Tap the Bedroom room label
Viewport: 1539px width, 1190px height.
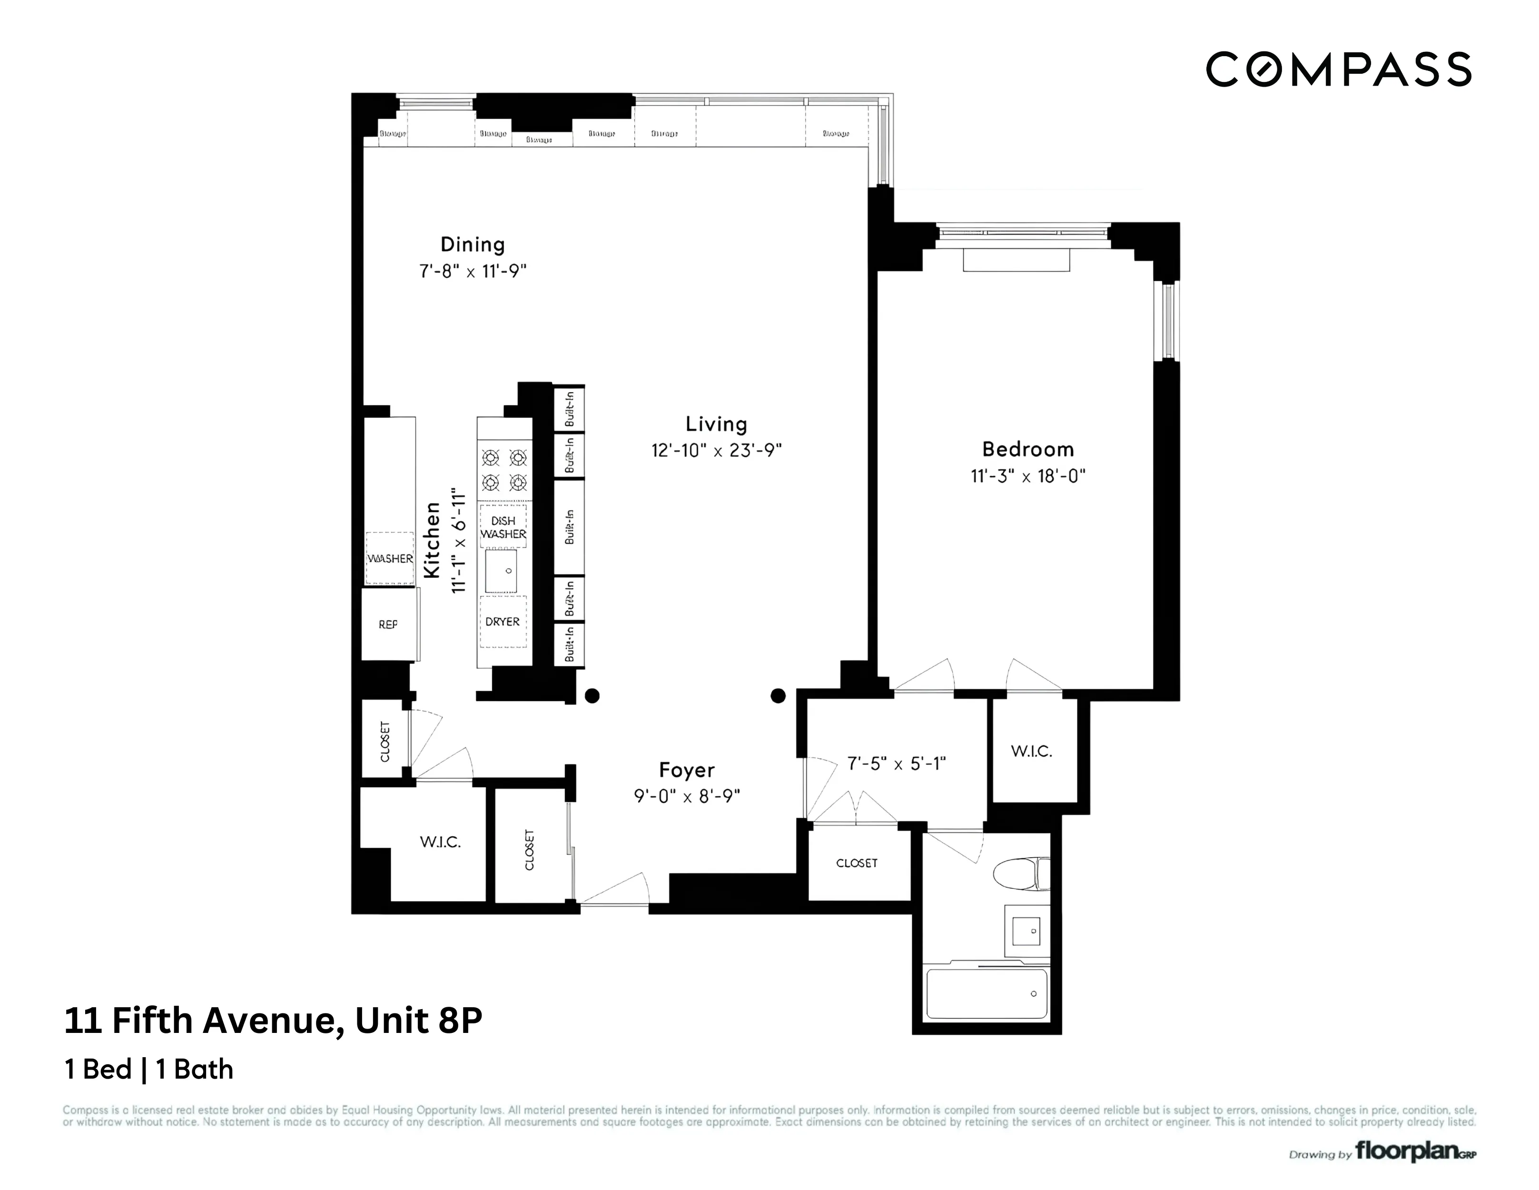(1027, 449)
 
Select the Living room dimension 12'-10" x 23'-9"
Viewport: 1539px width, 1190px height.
(716, 450)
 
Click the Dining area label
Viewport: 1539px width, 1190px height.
(472, 245)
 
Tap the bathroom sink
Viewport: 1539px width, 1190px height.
(1026, 931)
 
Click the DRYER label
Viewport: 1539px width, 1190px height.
(503, 622)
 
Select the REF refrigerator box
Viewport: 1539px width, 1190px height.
(388, 625)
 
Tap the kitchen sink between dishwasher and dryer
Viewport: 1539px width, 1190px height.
(501, 570)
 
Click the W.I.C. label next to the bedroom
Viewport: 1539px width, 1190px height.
(1032, 752)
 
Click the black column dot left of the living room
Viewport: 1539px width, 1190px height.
(592, 696)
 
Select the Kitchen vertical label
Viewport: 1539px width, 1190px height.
(432, 539)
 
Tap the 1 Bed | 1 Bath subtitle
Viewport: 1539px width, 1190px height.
(148, 1070)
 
